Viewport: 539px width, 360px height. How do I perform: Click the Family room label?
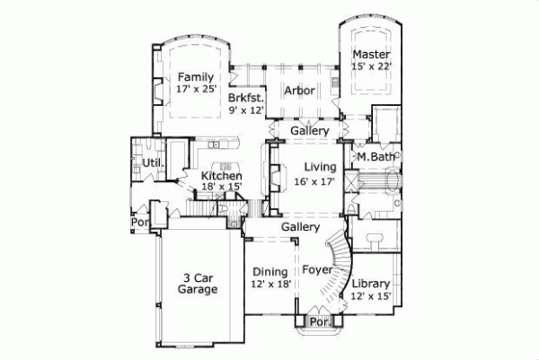click(195, 77)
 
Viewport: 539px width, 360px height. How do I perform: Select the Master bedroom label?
click(371, 55)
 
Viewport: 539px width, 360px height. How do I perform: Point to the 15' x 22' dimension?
click(371, 66)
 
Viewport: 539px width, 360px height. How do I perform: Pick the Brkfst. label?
click(244, 98)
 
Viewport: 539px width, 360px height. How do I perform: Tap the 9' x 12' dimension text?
click(244, 110)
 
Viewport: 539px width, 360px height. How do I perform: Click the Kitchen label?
click(221, 176)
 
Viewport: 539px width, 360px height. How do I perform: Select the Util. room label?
click(152, 162)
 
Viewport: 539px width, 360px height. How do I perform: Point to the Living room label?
click(320, 166)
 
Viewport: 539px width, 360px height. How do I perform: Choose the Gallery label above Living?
click(309, 131)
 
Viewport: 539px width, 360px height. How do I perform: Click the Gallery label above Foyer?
click(301, 228)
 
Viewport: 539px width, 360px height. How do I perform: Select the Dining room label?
click(269, 271)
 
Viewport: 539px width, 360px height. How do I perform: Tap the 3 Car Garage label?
click(199, 284)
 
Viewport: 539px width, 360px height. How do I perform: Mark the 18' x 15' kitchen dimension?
click(221, 188)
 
